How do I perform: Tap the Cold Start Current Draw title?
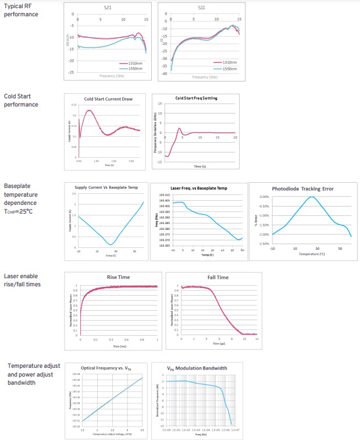click(108, 99)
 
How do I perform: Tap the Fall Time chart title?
click(216, 278)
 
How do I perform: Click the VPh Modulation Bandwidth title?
click(197, 368)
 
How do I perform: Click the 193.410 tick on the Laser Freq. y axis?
click(164, 195)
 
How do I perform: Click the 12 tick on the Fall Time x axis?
click(256, 338)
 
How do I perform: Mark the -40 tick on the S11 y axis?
click(164, 74)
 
